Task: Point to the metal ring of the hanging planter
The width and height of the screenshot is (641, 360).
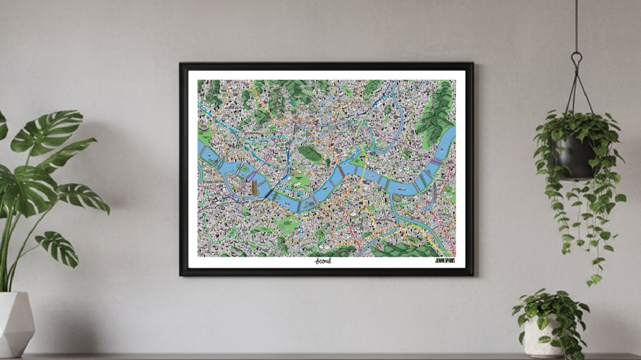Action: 576,57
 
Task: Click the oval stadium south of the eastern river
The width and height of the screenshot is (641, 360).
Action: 399,198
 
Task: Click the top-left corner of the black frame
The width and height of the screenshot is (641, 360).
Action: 181,64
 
